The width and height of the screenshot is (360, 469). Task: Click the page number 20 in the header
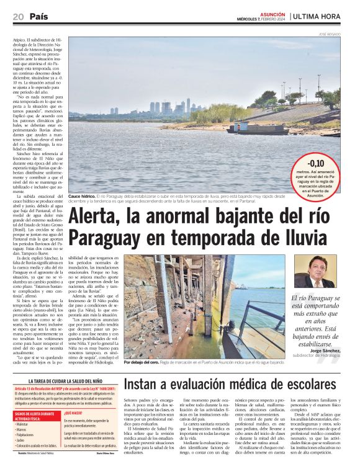(x=19, y=16)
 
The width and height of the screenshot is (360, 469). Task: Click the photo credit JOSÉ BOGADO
(x=329, y=33)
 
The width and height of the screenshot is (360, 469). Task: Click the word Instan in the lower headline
(x=146, y=385)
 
